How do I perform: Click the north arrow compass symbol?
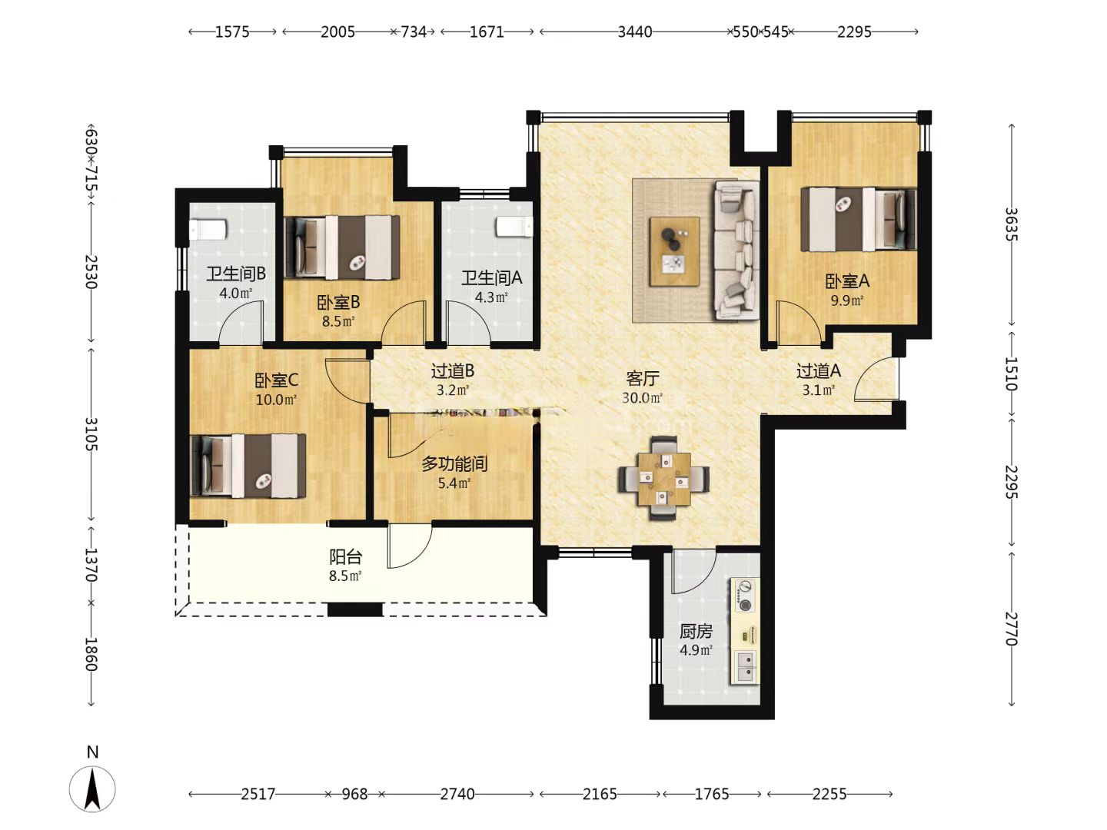(92, 789)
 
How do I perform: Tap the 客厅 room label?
(643, 378)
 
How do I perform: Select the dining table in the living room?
(663, 479)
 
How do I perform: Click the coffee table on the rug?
(674, 251)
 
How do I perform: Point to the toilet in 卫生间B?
(208, 229)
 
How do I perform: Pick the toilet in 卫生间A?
(514, 226)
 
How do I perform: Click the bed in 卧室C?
(248, 466)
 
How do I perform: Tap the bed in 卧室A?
(859, 219)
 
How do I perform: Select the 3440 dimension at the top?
(635, 32)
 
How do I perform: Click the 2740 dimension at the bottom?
(457, 794)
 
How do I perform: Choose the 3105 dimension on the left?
(91, 434)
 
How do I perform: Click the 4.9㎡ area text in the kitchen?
(696, 650)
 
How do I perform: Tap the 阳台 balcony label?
(345, 557)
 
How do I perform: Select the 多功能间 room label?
(454, 463)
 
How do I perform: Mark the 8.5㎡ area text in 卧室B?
(338, 321)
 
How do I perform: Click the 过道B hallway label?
(452, 371)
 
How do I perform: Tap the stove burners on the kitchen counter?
(745, 596)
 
